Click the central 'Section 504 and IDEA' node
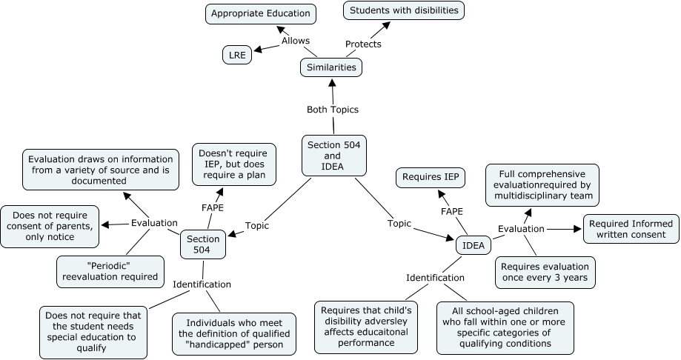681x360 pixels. pyautogui.click(x=333, y=156)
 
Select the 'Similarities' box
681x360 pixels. pyautogui.click(x=331, y=67)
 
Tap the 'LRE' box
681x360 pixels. pyautogui.click(x=237, y=54)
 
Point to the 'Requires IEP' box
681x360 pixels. pyautogui.click(x=430, y=177)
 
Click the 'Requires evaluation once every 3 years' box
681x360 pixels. pyautogui.click(x=545, y=273)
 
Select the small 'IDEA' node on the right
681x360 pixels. pyautogui.click(x=474, y=244)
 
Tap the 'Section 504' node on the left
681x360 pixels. pyautogui.click(x=203, y=244)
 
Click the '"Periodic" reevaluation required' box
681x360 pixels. pyautogui.click(x=110, y=271)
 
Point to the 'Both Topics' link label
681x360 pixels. pyautogui.click(x=333, y=110)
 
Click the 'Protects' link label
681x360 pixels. pyautogui.click(x=363, y=44)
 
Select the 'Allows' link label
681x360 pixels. pyautogui.click(x=296, y=41)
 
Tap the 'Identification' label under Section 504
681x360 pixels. pyautogui.click(x=202, y=284)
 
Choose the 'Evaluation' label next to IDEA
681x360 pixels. pyautogui.click(x=521, y=229)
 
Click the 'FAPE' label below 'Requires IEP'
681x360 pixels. pyautogui.click(x=452, y=212)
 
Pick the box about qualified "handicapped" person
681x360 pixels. pyautogui.click(x=233, y=334)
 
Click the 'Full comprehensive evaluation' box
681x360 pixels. pyautogui.click(x=542, y=184)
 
